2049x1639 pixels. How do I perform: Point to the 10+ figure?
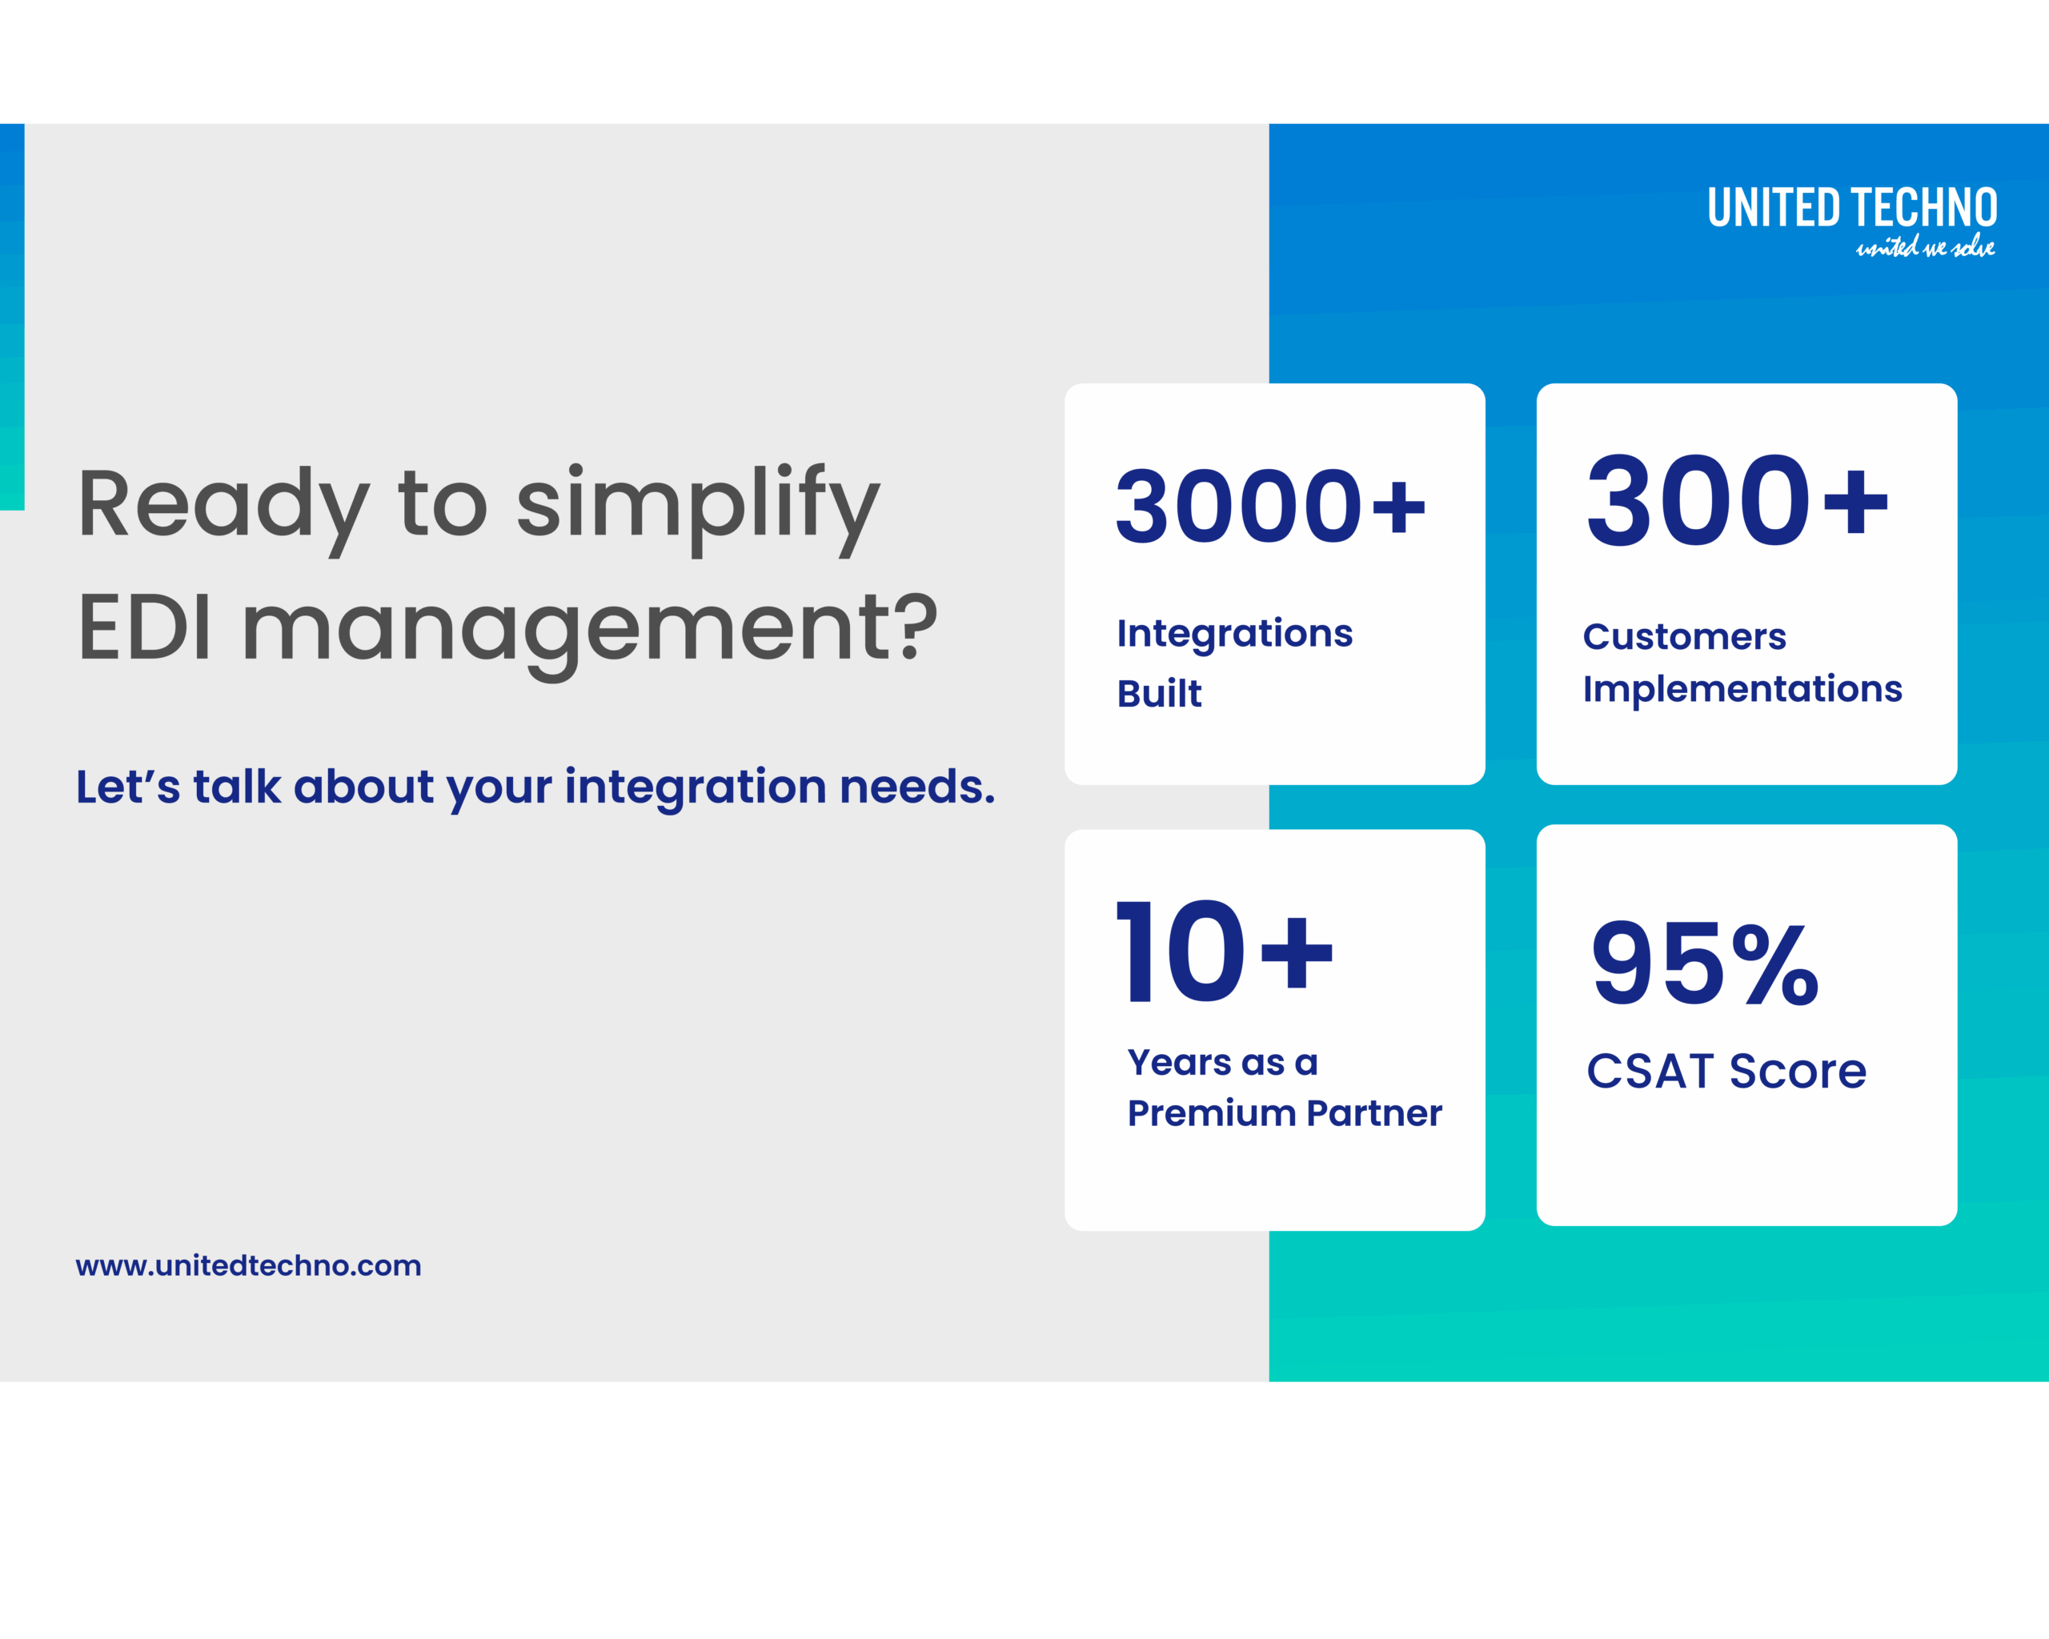1224,952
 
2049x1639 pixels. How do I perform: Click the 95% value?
1705,964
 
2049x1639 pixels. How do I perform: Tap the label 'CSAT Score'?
1726,1072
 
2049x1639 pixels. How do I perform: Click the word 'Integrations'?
1234,634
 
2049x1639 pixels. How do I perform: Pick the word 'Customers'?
1684,636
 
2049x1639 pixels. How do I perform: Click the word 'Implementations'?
1742,689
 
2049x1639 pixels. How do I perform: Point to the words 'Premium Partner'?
1284,1113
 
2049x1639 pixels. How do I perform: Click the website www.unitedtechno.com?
248,1265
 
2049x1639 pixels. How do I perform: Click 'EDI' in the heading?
144,627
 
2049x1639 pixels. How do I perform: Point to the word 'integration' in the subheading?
696,787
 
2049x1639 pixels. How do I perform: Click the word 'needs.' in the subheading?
917,787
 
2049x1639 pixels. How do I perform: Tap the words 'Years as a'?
1222,1062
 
